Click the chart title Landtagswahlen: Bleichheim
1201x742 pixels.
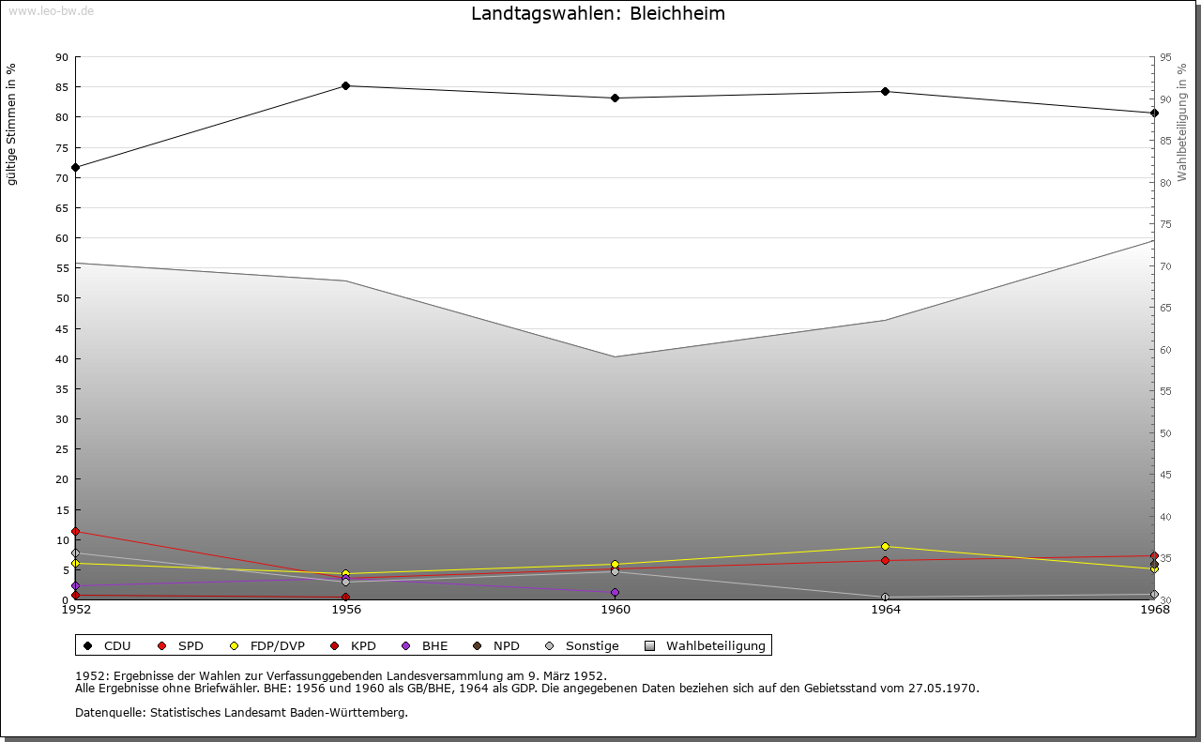point(598,14)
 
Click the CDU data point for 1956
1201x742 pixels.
point(346,86)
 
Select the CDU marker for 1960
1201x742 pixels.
point(616,98)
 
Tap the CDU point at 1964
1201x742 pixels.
point(885,91)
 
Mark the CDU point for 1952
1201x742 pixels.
point(76,168)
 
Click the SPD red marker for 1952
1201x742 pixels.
point(76,532)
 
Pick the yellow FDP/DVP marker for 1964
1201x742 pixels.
point(885,546)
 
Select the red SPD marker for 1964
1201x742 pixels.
point(885,561)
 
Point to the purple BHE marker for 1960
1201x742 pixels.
point(616,592)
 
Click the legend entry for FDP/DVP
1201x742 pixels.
point(268,646)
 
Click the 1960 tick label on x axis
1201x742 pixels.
point(616,610)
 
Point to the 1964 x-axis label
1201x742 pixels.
point(885,610)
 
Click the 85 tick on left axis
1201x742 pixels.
point(62,87)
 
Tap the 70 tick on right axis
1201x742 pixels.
point(1166,266)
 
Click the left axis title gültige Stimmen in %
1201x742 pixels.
point(12,125)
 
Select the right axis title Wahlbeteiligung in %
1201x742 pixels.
point(1182,123)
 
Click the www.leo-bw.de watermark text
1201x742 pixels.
point(51,10)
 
